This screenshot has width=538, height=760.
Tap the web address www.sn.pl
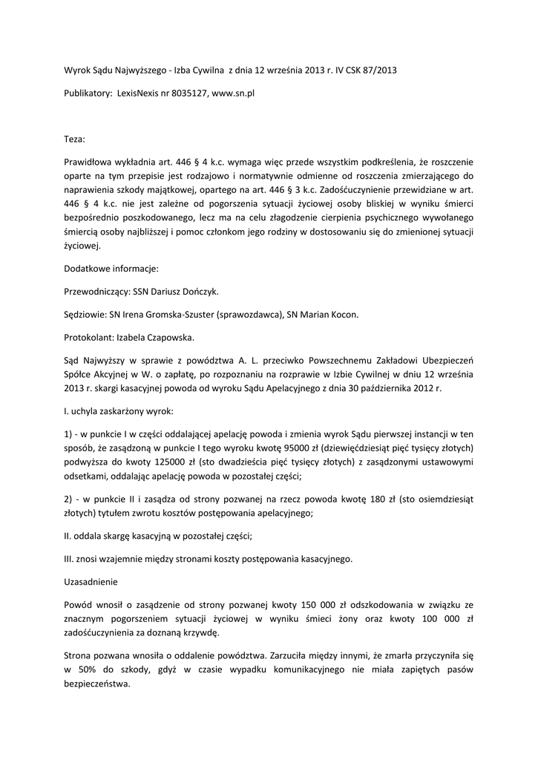(233, 95)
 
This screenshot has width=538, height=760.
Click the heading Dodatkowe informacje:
(111, 269)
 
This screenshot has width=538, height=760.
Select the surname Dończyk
(198, 292)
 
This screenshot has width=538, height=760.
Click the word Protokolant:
(88, 338)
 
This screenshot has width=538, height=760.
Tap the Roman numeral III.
(69, 559)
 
